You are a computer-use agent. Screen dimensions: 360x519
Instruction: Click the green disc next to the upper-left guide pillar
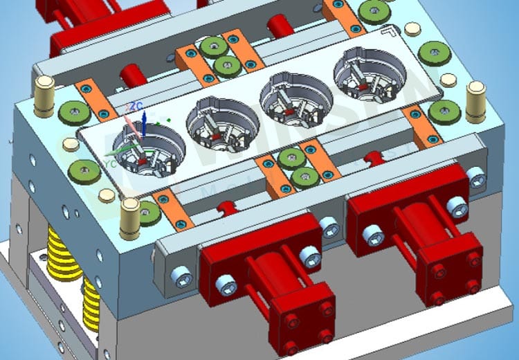(71, 112)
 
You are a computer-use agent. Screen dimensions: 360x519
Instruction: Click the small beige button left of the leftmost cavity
(70, 145)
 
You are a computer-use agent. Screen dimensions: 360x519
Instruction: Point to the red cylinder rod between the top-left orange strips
(130, 73)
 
